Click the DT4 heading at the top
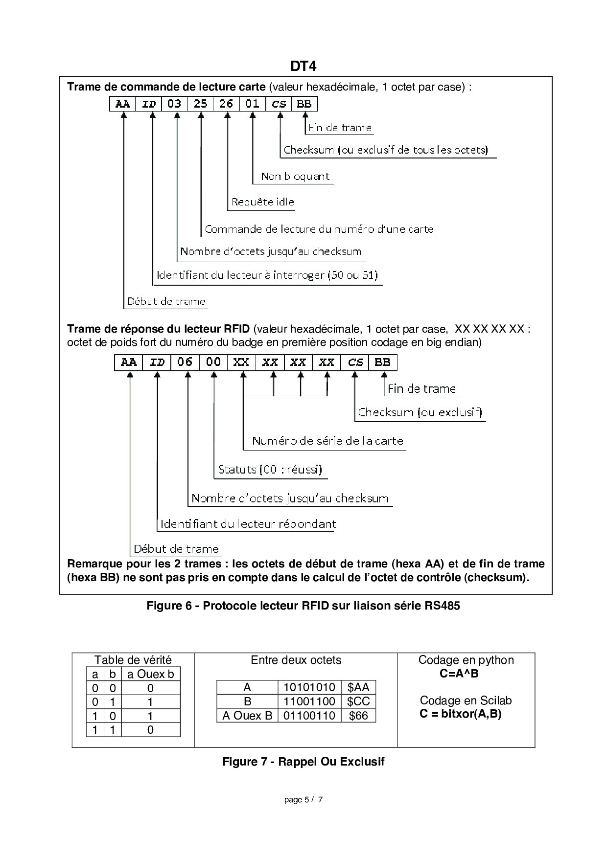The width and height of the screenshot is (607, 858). click(x=303, y=66)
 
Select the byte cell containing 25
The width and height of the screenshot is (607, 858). click(x=200, y=104)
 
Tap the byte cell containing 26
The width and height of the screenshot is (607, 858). click(x=226, y=104)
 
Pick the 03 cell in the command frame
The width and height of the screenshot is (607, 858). click(x=174, y=104)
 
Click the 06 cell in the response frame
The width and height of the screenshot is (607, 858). click(x=185, y=362)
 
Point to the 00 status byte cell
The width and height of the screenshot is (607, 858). click(x=213, y=362)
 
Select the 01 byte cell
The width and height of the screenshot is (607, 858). click(x=252, y=104)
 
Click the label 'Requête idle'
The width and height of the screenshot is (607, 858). click(x=262, y=202)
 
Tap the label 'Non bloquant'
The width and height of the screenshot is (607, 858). click(x=295, y=177)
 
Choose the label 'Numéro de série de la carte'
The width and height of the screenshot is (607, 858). click(x=327, y=441)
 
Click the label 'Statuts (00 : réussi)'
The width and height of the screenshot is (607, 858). click(x=270, y=470)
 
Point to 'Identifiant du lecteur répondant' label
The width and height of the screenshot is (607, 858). click(x=248, y=524)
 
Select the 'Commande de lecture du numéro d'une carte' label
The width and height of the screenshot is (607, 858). click(x=319, y=229)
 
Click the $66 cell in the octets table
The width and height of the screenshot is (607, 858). click(x=358, y=716)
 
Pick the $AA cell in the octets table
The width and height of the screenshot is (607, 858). click(x=358, y=687)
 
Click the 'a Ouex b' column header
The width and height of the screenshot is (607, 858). click(x=150, y=674)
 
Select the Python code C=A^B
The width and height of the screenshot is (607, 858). click(x=459, y=674)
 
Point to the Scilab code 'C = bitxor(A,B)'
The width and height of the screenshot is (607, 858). click(x=461, y=714)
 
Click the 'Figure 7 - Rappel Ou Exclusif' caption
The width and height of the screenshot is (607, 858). click(x=303, y=762)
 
